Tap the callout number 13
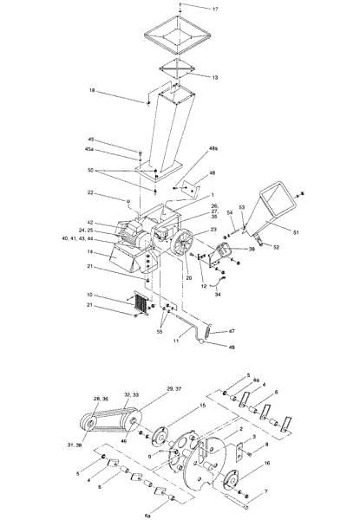pyautogui.click(x=214, y=77)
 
